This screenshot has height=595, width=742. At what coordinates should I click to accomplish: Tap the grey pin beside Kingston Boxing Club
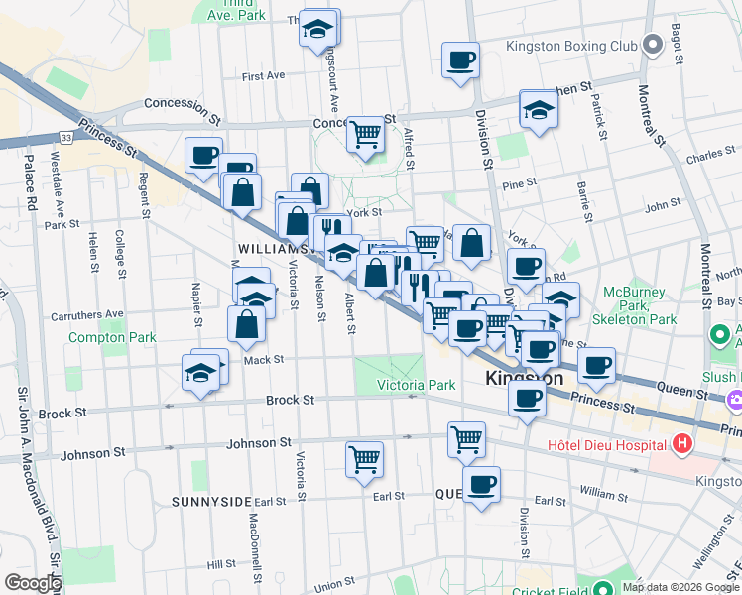pos(652,46)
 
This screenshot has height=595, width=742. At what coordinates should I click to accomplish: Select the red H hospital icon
pos(681,444)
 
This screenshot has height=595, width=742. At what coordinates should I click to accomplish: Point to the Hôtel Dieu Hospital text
pos(608,444)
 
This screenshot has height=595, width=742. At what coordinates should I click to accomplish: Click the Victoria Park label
pos(416,385)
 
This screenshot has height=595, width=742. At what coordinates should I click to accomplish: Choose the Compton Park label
pos(112,337)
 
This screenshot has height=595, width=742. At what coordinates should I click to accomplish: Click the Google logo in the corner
pos(33,582)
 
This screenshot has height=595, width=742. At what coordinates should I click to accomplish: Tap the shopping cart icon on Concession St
pos(366,134)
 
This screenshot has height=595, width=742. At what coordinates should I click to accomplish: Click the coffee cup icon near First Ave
pos(460,59)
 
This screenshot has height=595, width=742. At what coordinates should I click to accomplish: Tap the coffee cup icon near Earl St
pos(481,484)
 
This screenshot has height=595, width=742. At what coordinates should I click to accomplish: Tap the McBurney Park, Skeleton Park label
pos(641,306)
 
